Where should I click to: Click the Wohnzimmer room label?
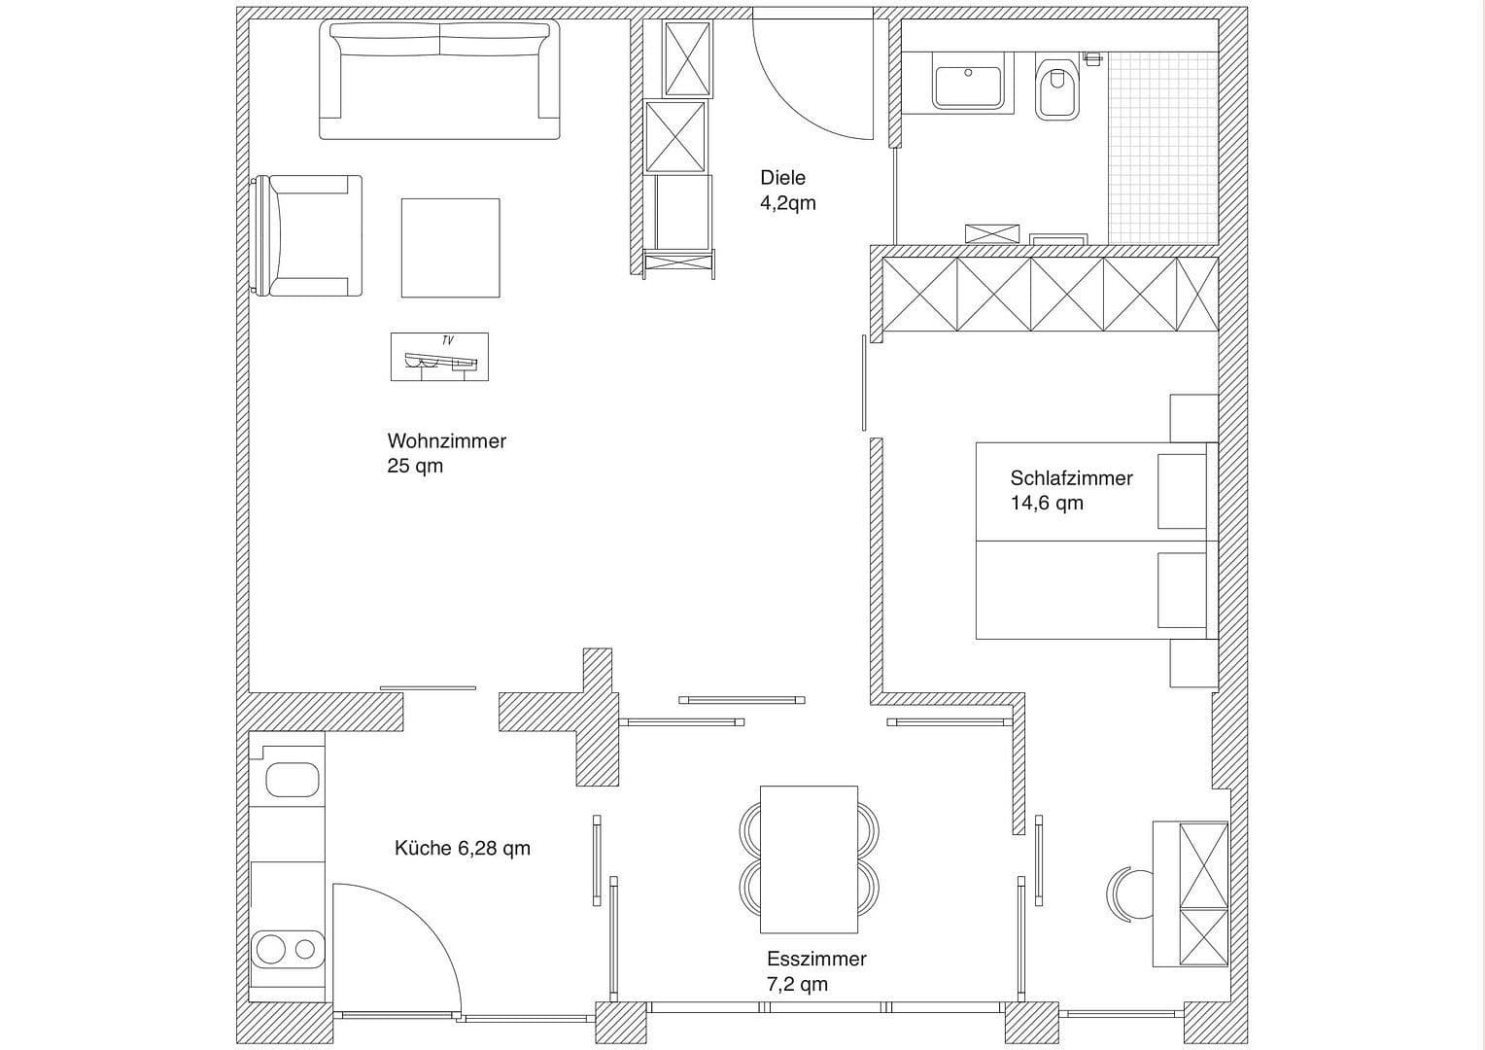pyautogui.click(x=446, y=440)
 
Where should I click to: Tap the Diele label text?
pyautogui.click(x=782, y=178)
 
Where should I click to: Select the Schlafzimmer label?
pyautogui.click(x=1071, y=478)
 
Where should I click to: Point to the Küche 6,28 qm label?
pyautogui.click(x=462, y=848)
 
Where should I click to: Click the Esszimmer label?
pyautogui.click(x=815, y=959)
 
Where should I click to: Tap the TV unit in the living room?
pyautogui.click(x=439, y=357)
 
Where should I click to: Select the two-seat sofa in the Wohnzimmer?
pyautogui.click(x=440, y=80)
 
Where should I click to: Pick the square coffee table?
pyautogui.click(x=450, y=248)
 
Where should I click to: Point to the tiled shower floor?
pyautogui.click(x=1162, y=147)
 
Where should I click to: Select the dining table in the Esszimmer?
pyautogui.click(x=809, y=858)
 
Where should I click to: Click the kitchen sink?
pyautogui.click(x=293, y=780)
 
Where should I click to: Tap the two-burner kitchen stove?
pyautogui.click(x=287, y=948)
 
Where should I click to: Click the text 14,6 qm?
pyautogui.click(x=1046, y=504)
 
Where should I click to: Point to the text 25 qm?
pyautogui.click(x=415, y=466)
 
